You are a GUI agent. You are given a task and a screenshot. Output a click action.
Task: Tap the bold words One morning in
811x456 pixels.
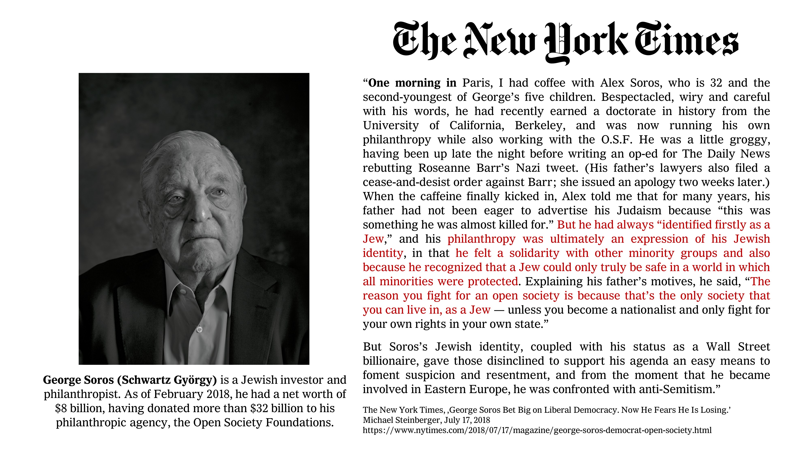coord(412,83)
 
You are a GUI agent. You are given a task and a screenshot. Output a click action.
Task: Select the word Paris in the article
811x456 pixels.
coord(477,83)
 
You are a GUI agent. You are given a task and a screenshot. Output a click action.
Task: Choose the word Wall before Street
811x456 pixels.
coord(718,347)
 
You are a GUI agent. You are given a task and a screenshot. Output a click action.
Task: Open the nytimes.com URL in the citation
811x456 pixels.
coord(537,430)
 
